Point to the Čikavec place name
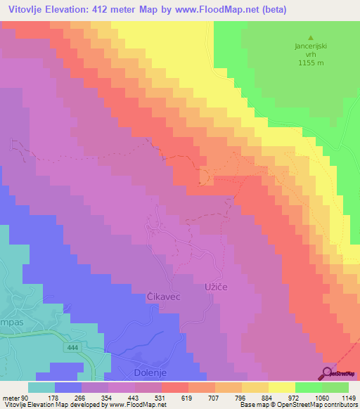click(163, 297)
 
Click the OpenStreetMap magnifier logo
click(327, 373)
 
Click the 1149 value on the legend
click(349, 397)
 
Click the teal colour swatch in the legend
click(41, 387)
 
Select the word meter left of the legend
click(11, 397)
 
